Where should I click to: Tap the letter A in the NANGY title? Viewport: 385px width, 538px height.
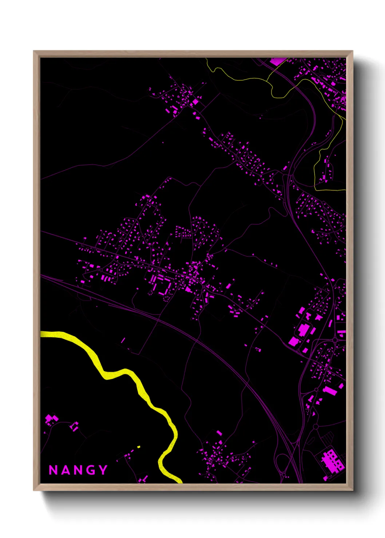pos(66,470)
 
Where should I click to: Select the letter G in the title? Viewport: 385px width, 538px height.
pos(92,470)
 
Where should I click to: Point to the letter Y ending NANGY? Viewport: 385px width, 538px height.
pos(103,470)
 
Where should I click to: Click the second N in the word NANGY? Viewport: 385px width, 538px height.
pos(78,470)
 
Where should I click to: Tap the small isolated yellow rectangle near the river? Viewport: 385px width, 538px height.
pos(139,447)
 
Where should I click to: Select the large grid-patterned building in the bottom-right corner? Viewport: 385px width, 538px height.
pos(332,460)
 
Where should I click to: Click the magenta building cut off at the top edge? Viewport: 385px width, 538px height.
pos(277,61)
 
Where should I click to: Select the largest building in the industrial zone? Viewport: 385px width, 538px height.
pos(303,329)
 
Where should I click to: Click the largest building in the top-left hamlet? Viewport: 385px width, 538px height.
pos(195,102)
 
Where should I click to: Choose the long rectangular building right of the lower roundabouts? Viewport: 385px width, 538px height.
pos(330,391)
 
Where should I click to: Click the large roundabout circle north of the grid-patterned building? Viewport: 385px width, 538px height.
pos(315,426)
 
